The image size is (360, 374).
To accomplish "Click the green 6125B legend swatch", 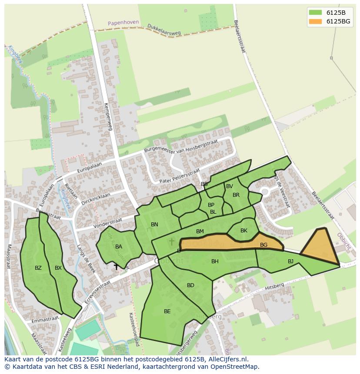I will coord(315,13).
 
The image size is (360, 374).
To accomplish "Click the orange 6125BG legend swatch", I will coord(315,21).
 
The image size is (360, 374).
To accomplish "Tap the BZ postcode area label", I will coord(38,268).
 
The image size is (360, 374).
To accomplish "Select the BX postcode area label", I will coord(58,268).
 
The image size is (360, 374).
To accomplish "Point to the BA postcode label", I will coord(119,247).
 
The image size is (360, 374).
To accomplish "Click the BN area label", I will coord(154,225).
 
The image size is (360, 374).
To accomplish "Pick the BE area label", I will coord(167,311).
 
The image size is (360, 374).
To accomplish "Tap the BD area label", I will coord(190,285).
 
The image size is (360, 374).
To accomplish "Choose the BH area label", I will coord(215,261).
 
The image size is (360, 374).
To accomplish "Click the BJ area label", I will coord(290,261).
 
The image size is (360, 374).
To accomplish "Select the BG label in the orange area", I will coord(263,245).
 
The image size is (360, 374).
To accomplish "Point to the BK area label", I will coord(243,231).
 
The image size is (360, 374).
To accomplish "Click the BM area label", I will coord(200,232).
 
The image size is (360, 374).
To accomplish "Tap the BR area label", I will coord(236,195).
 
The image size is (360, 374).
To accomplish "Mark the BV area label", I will coord(230,186).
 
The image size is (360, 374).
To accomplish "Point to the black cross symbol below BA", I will coord(116,267).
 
